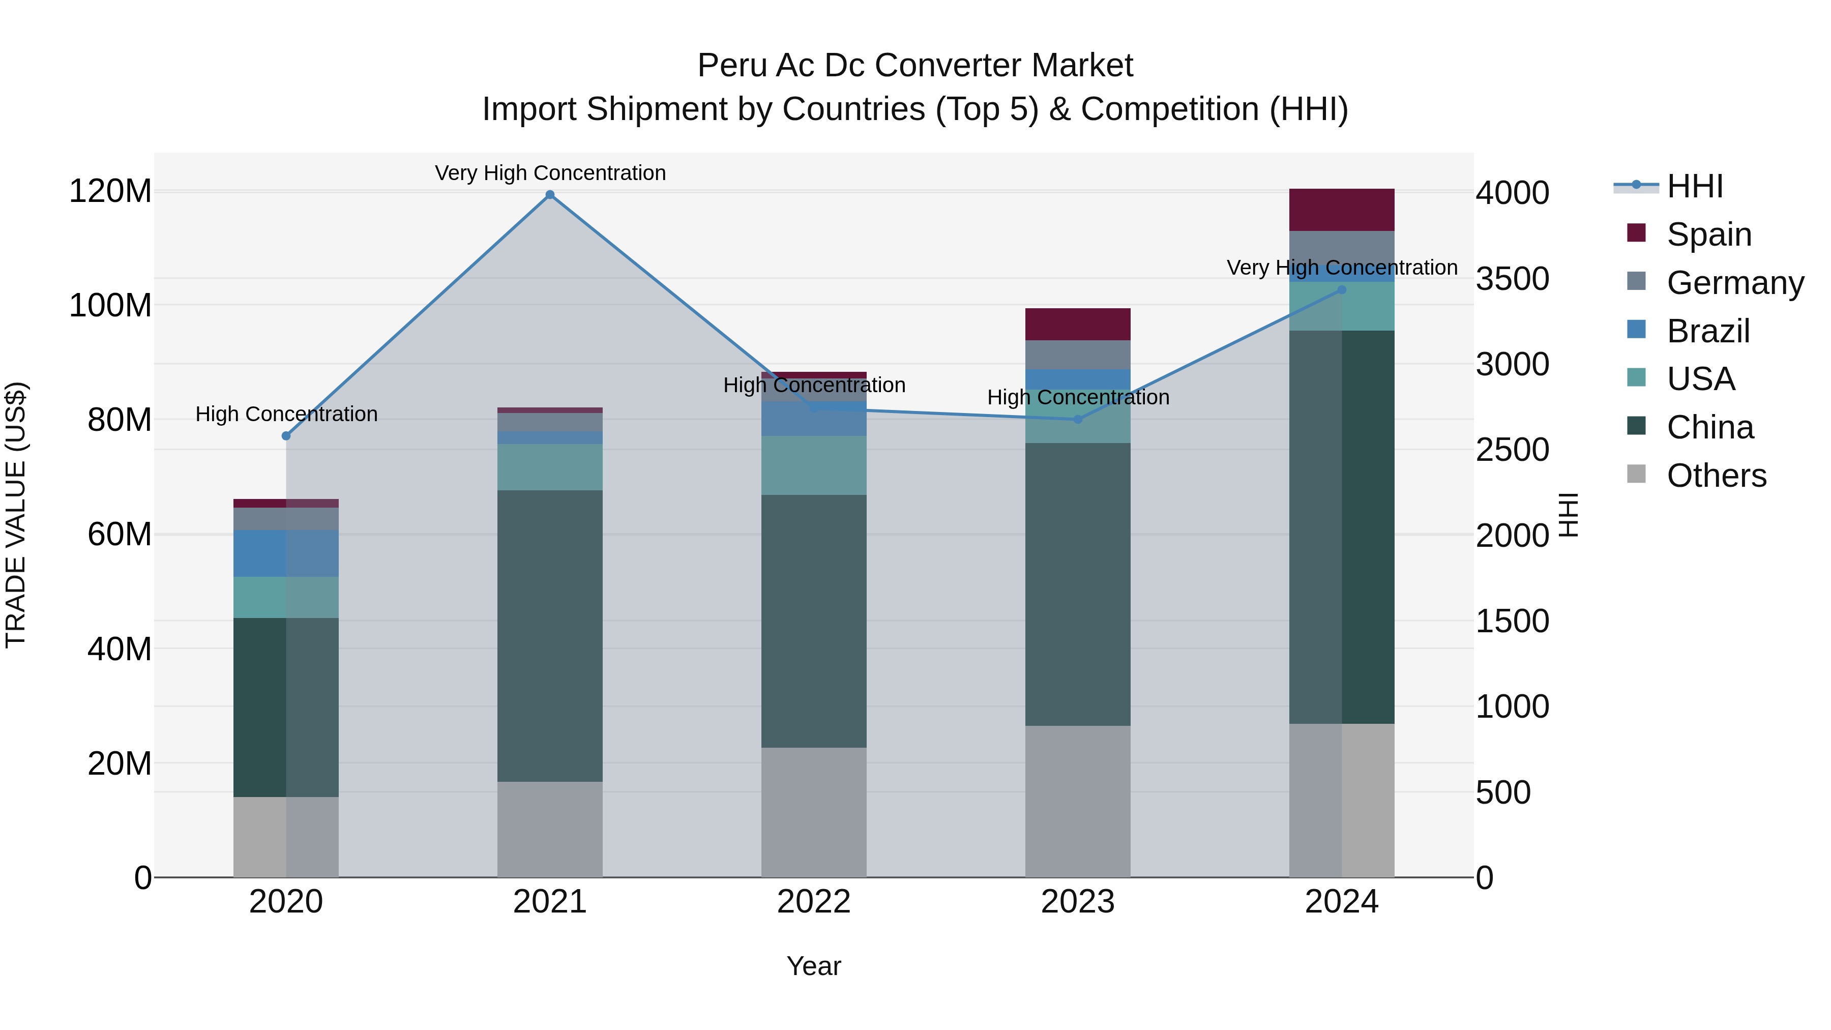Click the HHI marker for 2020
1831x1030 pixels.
(286, 436)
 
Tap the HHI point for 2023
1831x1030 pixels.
(1078, 420)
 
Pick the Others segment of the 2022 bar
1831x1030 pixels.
(814, 812)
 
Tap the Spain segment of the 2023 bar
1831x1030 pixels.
(1078, 324)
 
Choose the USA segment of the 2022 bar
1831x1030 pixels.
(814, 465)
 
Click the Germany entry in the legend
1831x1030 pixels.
(1734, 283)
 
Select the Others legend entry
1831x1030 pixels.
(1716, 476)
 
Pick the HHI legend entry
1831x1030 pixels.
(1695, 186)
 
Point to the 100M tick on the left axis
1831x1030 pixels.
(110, 306)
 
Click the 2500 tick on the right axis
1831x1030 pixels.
(1512, 450)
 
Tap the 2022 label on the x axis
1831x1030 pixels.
(814, 902)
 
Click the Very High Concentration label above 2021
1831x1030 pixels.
(550, 173)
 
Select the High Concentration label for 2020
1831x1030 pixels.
(286, 414)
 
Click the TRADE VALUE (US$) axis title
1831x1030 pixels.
(16, 515)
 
